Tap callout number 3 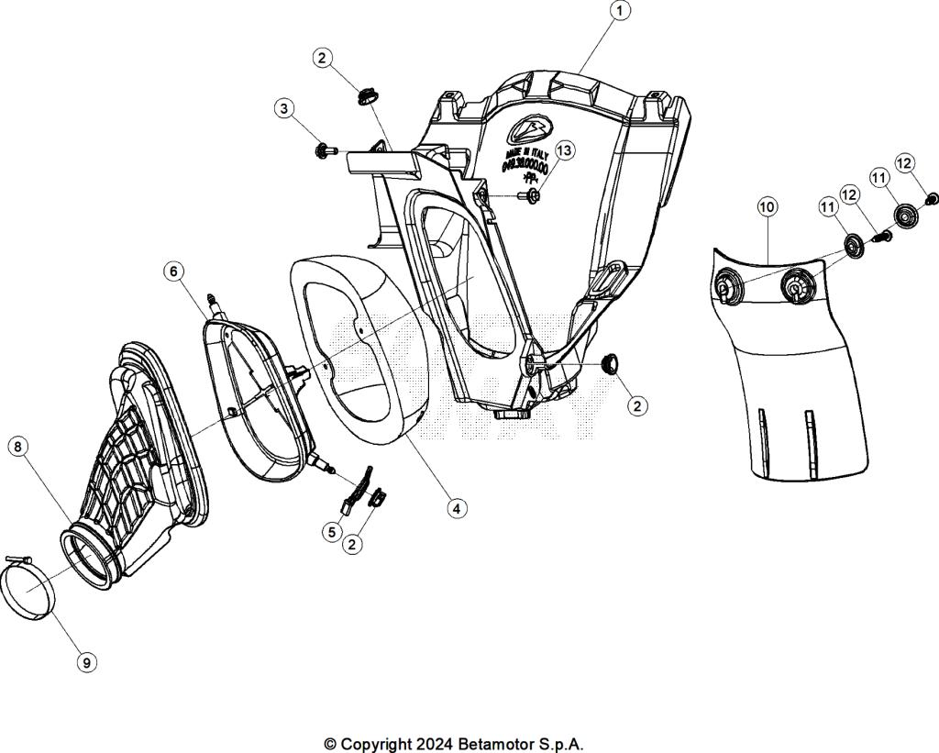[284, 109]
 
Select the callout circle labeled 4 [455, 507]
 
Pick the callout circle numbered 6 [174, 271]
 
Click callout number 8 [18, 447]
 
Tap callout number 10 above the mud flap [767, 207]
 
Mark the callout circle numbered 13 [563, 149]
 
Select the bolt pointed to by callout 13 [531, 195]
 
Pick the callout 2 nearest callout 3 [321, 58]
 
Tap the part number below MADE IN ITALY [525, 169]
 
